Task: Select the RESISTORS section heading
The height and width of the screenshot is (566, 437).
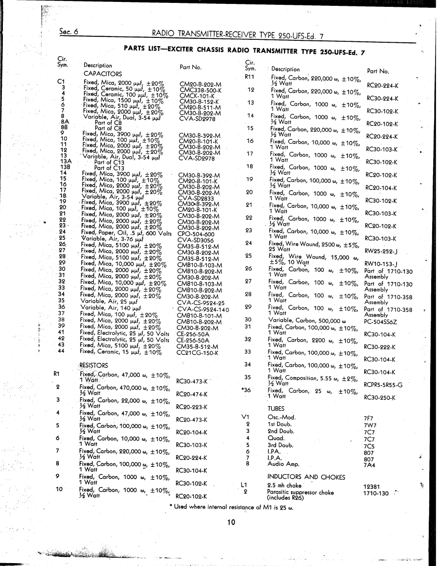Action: (x=94, y=365)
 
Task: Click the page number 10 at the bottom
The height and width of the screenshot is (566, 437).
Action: (x=231, y=523)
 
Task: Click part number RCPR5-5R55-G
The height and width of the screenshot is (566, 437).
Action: (x=383, y=385)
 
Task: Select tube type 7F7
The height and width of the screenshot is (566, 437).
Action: (x=369, y=418)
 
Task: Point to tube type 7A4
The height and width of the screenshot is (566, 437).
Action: (x=369, y=465)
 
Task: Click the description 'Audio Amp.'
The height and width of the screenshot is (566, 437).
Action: (x=284, y=463)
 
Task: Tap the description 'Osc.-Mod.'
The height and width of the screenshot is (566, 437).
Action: (x=282, y=417)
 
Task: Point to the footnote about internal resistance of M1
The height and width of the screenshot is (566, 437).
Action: (x=231, y=507)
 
